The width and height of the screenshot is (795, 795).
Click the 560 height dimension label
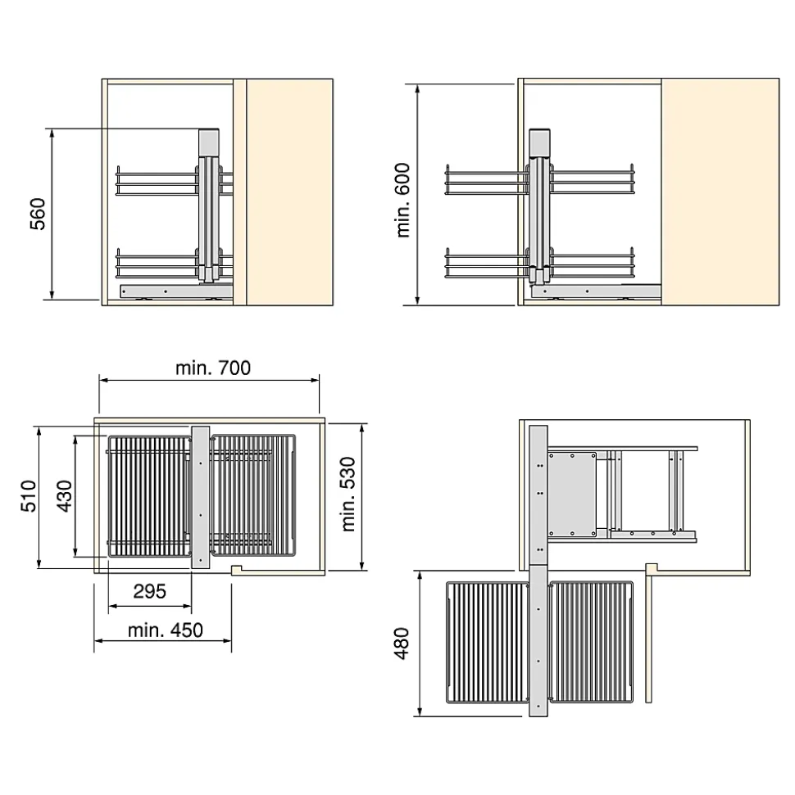[38, 214]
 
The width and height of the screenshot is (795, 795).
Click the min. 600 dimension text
[402, 200]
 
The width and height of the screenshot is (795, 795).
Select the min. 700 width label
[213, 368]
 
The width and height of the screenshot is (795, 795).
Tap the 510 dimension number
[29, 496]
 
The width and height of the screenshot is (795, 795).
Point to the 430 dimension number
[65, 496]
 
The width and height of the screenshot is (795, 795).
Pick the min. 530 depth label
[348, 494]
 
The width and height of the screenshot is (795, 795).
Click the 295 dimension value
[150, 591]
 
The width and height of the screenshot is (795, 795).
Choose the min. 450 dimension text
[165, 630]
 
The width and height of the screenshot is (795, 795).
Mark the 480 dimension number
[401, 644]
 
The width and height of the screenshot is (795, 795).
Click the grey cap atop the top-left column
[209, 142]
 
